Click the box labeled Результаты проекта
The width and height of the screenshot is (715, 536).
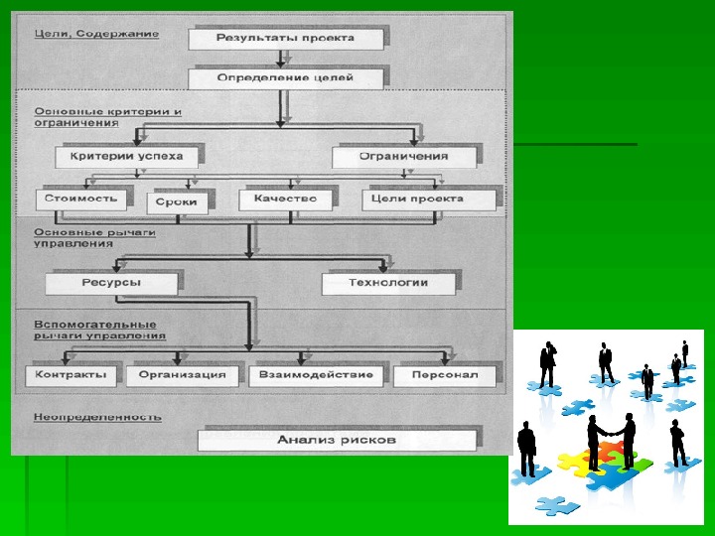(x=284, y=39)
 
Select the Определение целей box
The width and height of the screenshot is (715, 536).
(x=284, y=77)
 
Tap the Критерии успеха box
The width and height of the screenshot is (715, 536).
(x=133, y=156)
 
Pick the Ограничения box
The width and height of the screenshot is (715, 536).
(x=403, y=156)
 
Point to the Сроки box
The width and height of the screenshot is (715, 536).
(x=178, y=202)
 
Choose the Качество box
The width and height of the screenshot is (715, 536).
(x=285, y=199)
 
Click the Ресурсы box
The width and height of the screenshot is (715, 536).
(x=111, y=283)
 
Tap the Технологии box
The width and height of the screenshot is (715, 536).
(x=387, y=283)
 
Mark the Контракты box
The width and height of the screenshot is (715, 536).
(x=70, y=375)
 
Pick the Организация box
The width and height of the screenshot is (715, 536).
(x=183, y=375)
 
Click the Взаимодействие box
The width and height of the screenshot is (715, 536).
(x=315, y=375)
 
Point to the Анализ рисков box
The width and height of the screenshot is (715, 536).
(x=337, y=438)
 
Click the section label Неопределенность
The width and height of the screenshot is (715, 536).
(x=97, y=417)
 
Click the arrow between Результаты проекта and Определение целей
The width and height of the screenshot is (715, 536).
(x=279, y=59)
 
